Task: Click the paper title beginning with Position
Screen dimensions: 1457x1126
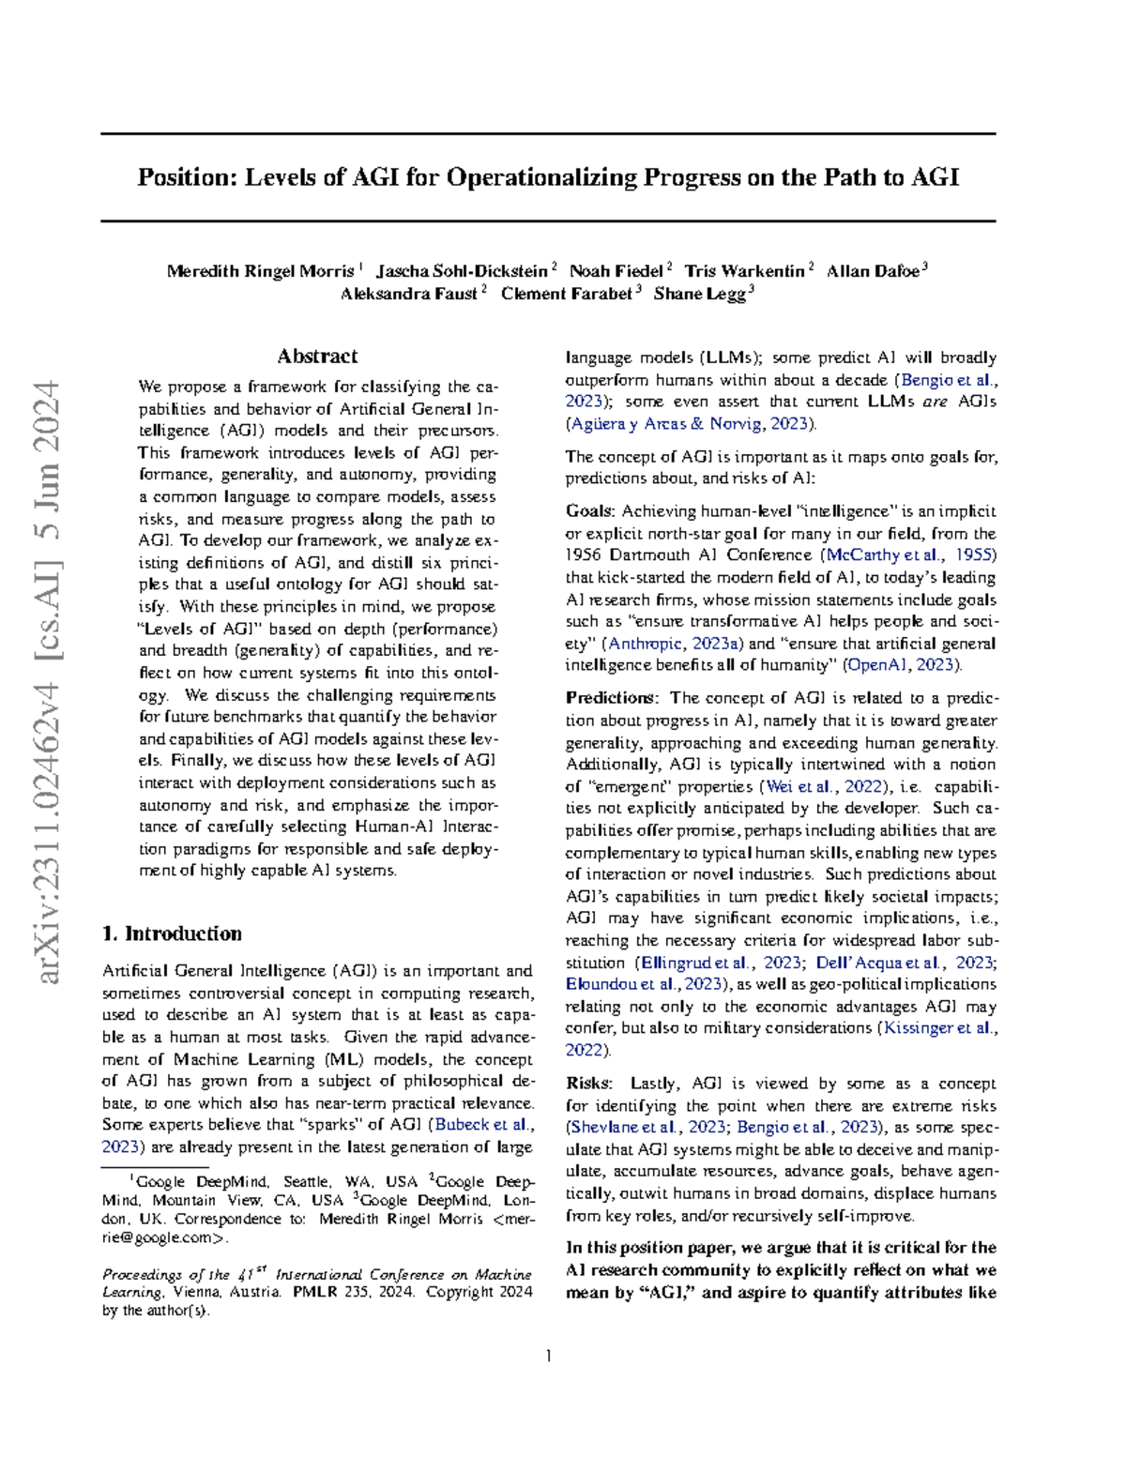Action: [x=548, y=177]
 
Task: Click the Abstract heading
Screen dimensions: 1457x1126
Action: [x=317, y=357]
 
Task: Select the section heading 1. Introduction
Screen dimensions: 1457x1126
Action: [x=172, y=933]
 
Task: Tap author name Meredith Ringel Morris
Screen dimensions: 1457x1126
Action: [x=260, y=271]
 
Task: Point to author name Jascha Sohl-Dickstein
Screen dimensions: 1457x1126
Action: [x=462, y=271]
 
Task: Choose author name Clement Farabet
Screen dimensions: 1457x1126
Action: [x=566, y=294]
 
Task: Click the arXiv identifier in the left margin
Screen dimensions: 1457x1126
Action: [x=47, y=682]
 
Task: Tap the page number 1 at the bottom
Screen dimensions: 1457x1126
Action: [x=548, y=1356]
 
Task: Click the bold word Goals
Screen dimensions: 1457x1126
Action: [x=589, y=511]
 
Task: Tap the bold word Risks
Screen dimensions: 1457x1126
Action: [x=587, y=1084]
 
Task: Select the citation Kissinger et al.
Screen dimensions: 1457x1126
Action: [x=937, y=1028]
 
